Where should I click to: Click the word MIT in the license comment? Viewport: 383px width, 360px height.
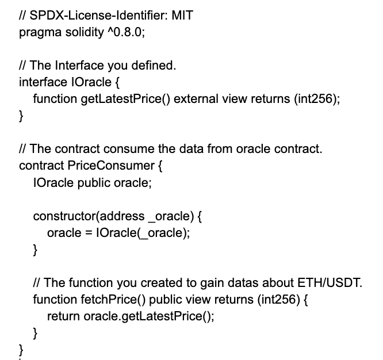182,15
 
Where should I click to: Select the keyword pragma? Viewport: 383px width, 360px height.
40,33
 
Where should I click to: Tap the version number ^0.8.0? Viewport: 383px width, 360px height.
126,32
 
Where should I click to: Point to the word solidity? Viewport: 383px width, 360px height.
85,33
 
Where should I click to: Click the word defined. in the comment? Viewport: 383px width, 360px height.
154,65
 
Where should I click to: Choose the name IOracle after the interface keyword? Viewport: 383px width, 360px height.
91,82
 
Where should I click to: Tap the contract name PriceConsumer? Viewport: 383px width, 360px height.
111,166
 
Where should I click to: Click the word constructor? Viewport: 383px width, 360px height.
64,216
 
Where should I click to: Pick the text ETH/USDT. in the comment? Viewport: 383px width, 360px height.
330,283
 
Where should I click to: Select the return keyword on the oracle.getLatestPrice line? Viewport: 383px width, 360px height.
63,316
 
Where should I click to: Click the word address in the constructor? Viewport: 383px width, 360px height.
122,216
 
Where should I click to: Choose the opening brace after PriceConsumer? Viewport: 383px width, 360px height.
160,166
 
